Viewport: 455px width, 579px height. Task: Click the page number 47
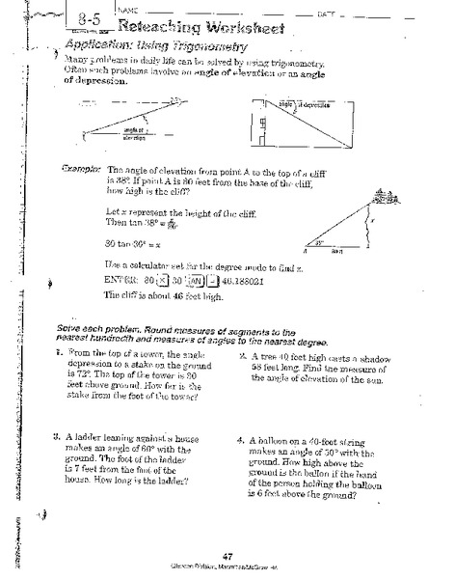click(227, 555)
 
